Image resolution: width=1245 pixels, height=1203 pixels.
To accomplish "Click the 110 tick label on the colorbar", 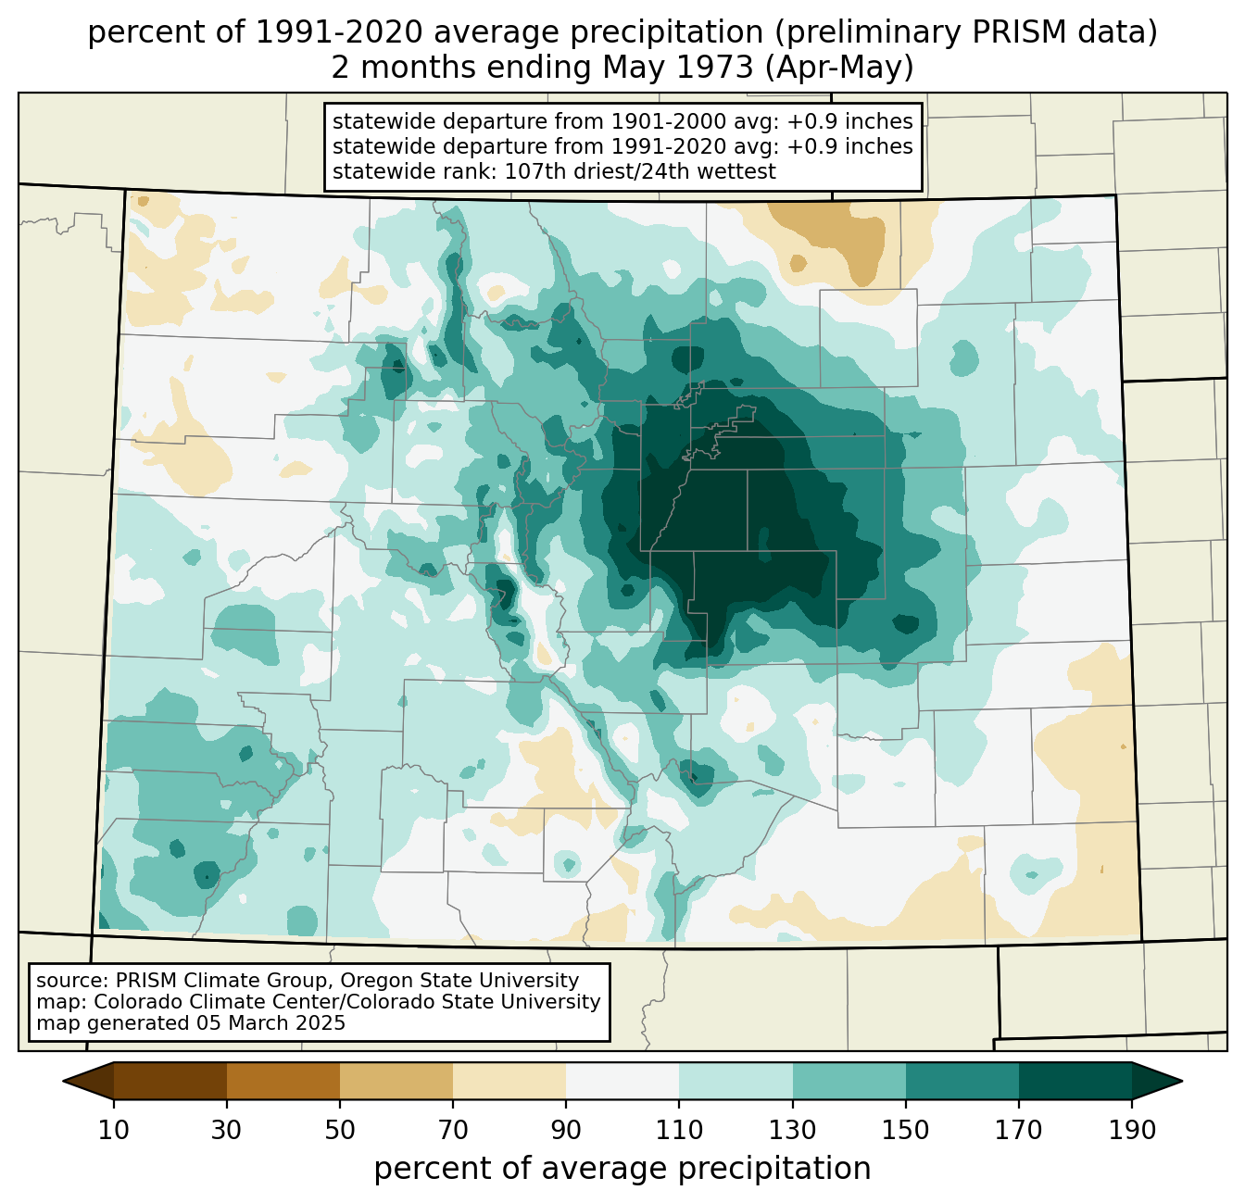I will click(679, 1131).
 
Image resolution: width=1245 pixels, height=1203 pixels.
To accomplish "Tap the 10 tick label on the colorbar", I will click(113, 1131).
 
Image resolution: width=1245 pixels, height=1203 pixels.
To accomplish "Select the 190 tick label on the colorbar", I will click(1131, 1131).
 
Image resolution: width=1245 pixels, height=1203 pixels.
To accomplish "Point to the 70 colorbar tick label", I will click(453, 1131).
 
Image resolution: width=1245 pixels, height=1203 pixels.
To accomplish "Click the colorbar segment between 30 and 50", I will click(283, 1081).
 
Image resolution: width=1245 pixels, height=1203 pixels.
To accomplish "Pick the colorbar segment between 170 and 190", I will click(1075, 1081).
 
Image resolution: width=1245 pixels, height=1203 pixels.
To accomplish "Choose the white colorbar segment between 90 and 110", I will click(622, 1081).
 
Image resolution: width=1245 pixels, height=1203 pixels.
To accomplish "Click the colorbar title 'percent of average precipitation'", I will click(622, 1169).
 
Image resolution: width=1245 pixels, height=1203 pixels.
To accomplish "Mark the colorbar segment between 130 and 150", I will click(849, 1081).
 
